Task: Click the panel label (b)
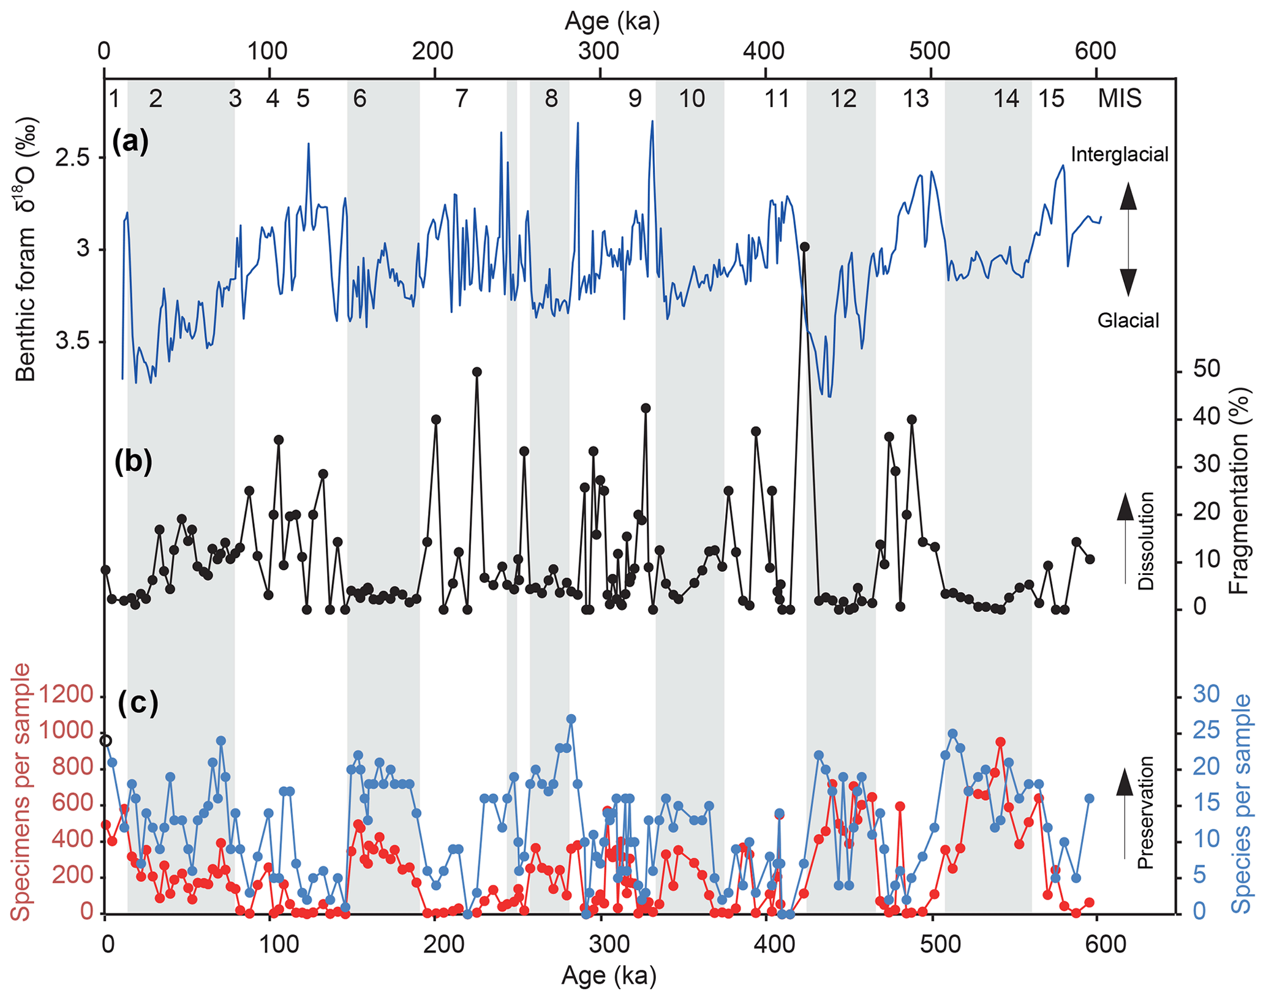coord(133,462)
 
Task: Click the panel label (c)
coord(138,702)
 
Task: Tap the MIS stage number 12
coord(843,99)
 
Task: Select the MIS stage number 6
coord(360,99)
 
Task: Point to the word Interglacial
coord(1120,154)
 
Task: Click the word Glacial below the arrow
coord(1128,320)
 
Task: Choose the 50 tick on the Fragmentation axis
coord(1207,369)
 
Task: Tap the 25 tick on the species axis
coord(1206,731)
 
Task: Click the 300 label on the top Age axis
coord(599,51)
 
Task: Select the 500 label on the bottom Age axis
coord(932,945)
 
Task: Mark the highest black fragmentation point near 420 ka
coord(805,247)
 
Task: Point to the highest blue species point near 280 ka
coord(571,719)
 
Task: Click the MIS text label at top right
coord(1119,99)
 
